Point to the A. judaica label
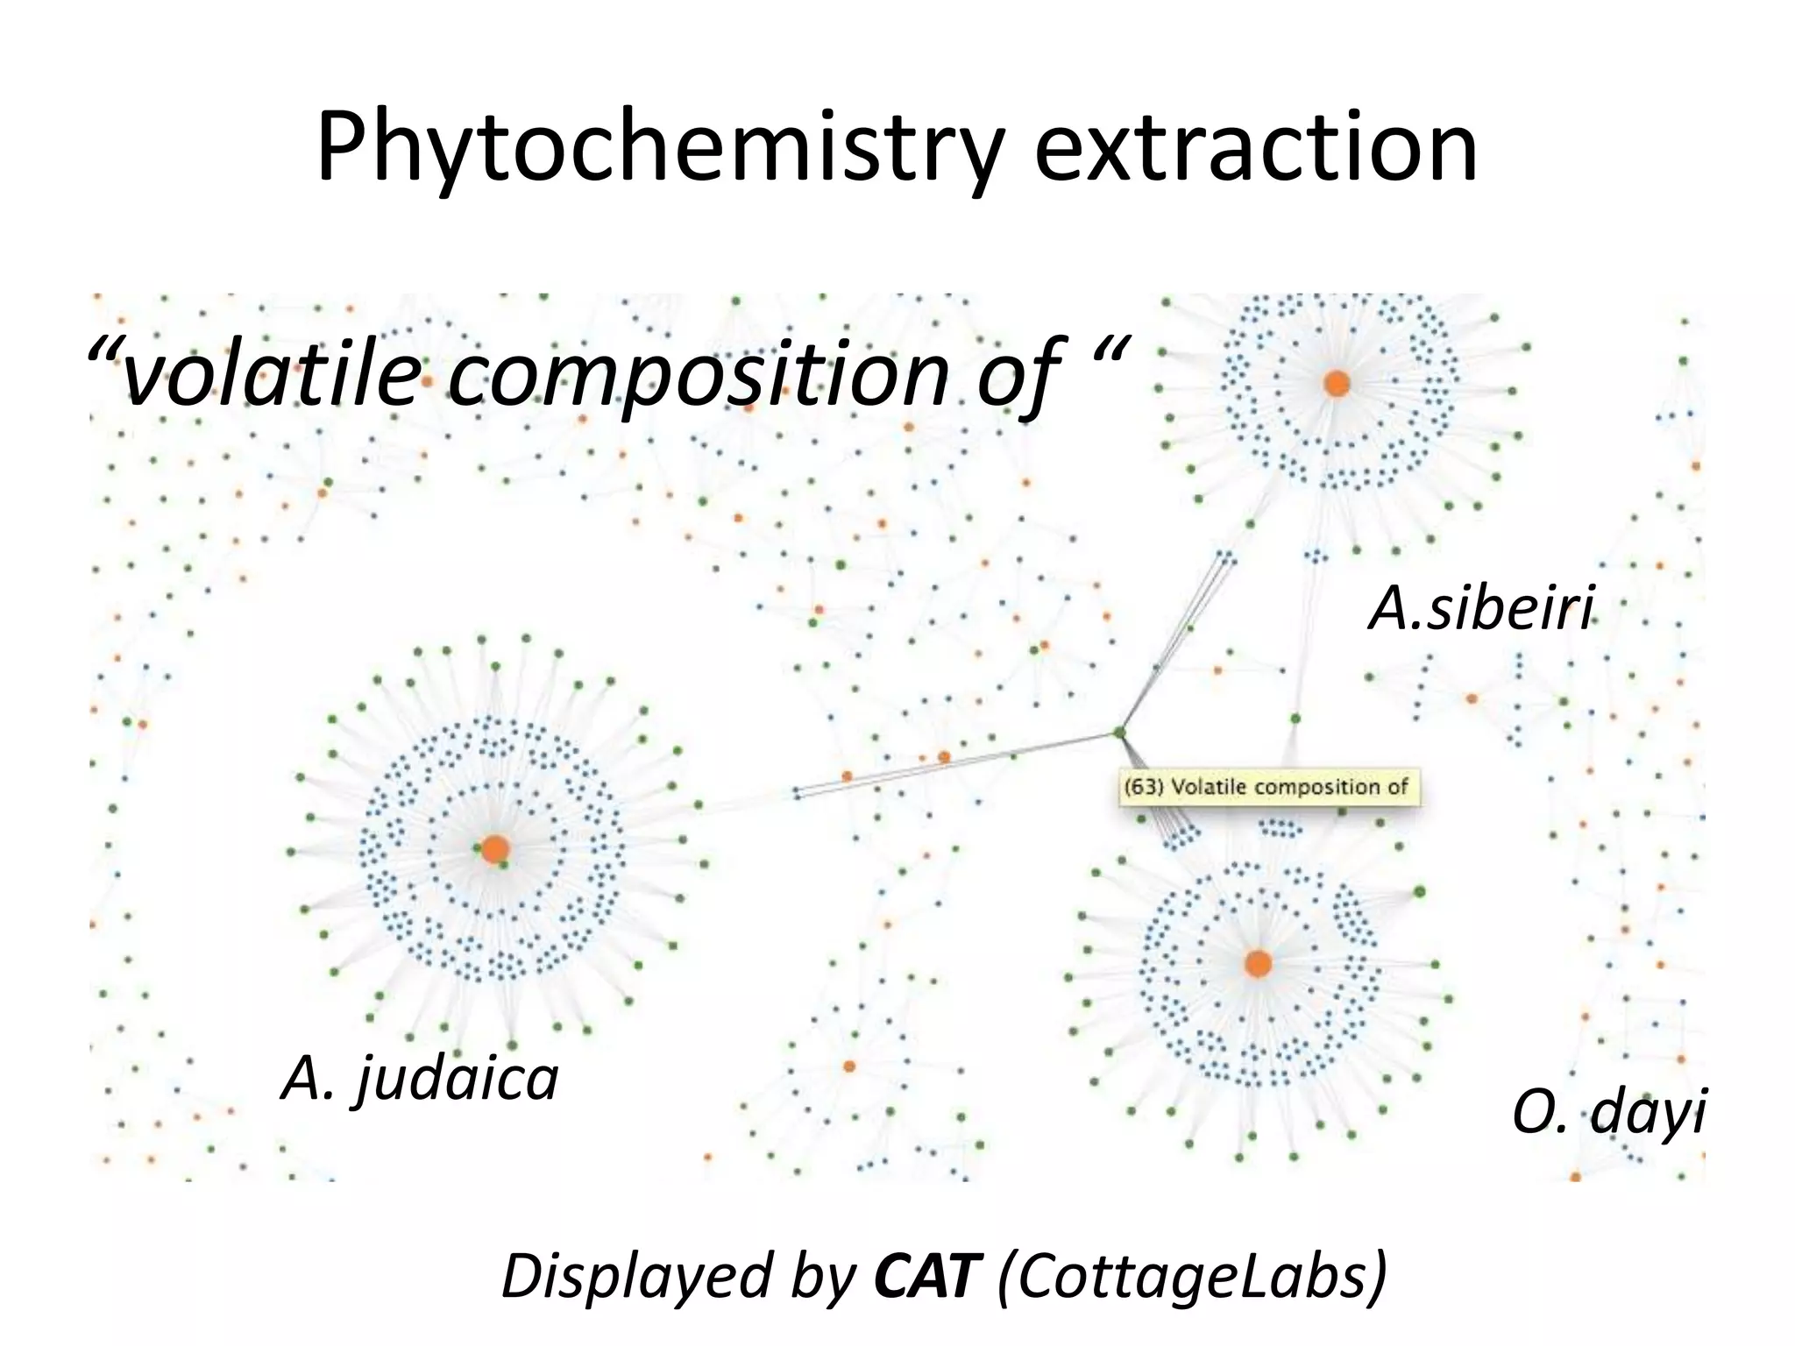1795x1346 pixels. pyautogui.click(x=420, y=1079)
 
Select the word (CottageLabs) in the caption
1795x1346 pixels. pyautogui.click(x=1192, y=1278)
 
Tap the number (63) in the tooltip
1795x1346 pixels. pyautogui.click(x=1145, y=787)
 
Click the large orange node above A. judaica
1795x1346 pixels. pyautogui.click(x=495, y=848)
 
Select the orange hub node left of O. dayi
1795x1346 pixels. pyautogui.click(x=1258, y=963)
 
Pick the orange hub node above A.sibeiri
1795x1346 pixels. pyautogui.click(x=1337, y=383)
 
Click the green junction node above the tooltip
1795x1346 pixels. pyautogui.click(x=1119, y=731)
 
